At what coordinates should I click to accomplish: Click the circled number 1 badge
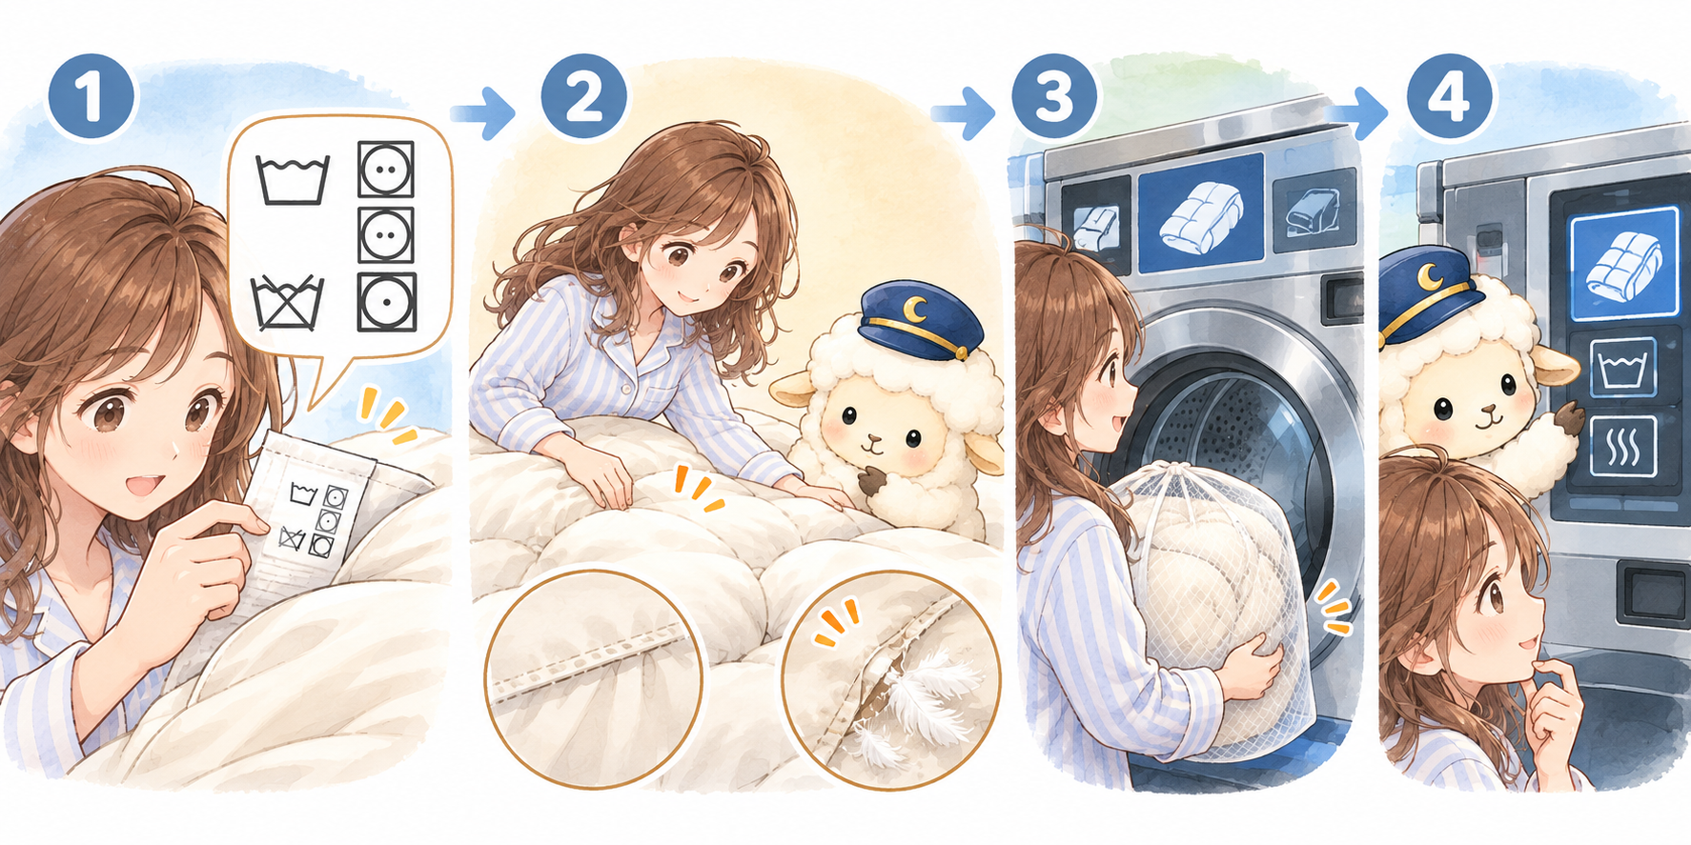tap(92, 97)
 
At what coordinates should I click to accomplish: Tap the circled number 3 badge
tap(1054, 97)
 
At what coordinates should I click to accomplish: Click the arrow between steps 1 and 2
tap(482, 114)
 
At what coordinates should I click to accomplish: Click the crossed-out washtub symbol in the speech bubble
tap(288, 303)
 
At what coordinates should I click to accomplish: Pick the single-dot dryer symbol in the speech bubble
tap(386, 302)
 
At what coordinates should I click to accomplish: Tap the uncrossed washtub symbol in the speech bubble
tap(293, 180)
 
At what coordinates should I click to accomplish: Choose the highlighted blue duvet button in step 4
tap(1624, 264)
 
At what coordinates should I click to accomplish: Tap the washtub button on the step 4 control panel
tap(1623, 367)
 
